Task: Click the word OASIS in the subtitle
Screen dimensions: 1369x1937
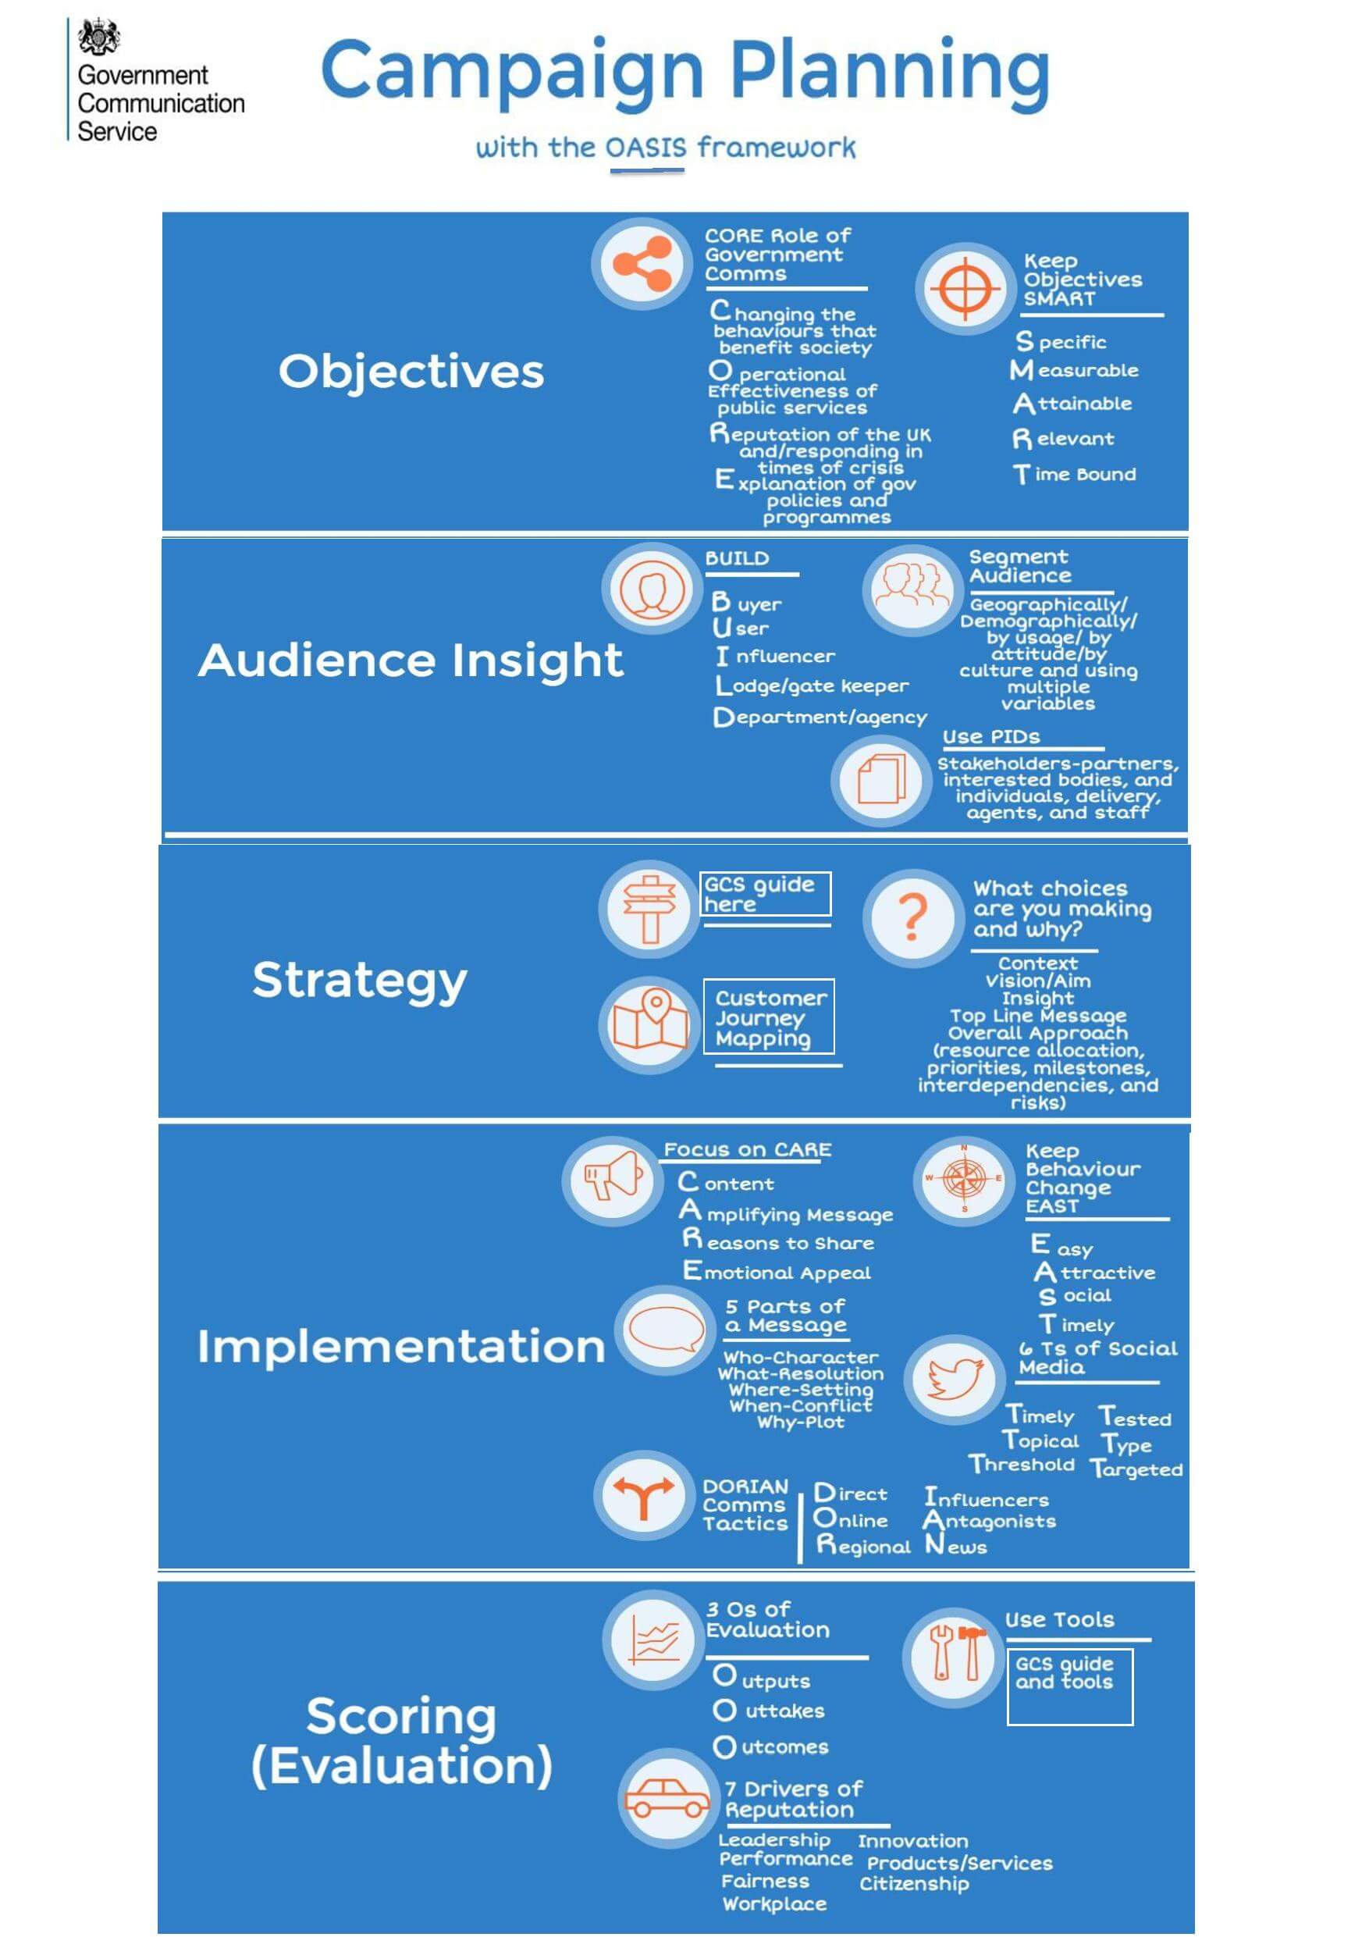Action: [646, 148]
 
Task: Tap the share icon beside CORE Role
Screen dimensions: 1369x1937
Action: [641, 263]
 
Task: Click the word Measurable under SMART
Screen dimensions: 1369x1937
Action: [1075, 370]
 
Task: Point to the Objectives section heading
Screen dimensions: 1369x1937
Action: [411, 371]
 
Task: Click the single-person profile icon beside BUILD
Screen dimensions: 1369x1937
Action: [651, 588]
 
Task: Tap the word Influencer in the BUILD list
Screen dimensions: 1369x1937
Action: [775, 656]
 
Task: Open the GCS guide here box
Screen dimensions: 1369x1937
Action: [766, 893]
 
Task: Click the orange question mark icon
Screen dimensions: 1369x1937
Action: [912, 917]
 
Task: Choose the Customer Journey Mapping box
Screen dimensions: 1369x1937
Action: [770, 1017]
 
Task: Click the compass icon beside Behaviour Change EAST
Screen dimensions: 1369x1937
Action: [964, 1179]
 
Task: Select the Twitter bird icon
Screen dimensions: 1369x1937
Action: [954, 1379]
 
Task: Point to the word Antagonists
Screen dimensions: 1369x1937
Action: [990, 1520]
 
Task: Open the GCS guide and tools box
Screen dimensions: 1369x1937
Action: [1069, 1686]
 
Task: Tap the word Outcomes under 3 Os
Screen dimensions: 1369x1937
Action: [772, 1747]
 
